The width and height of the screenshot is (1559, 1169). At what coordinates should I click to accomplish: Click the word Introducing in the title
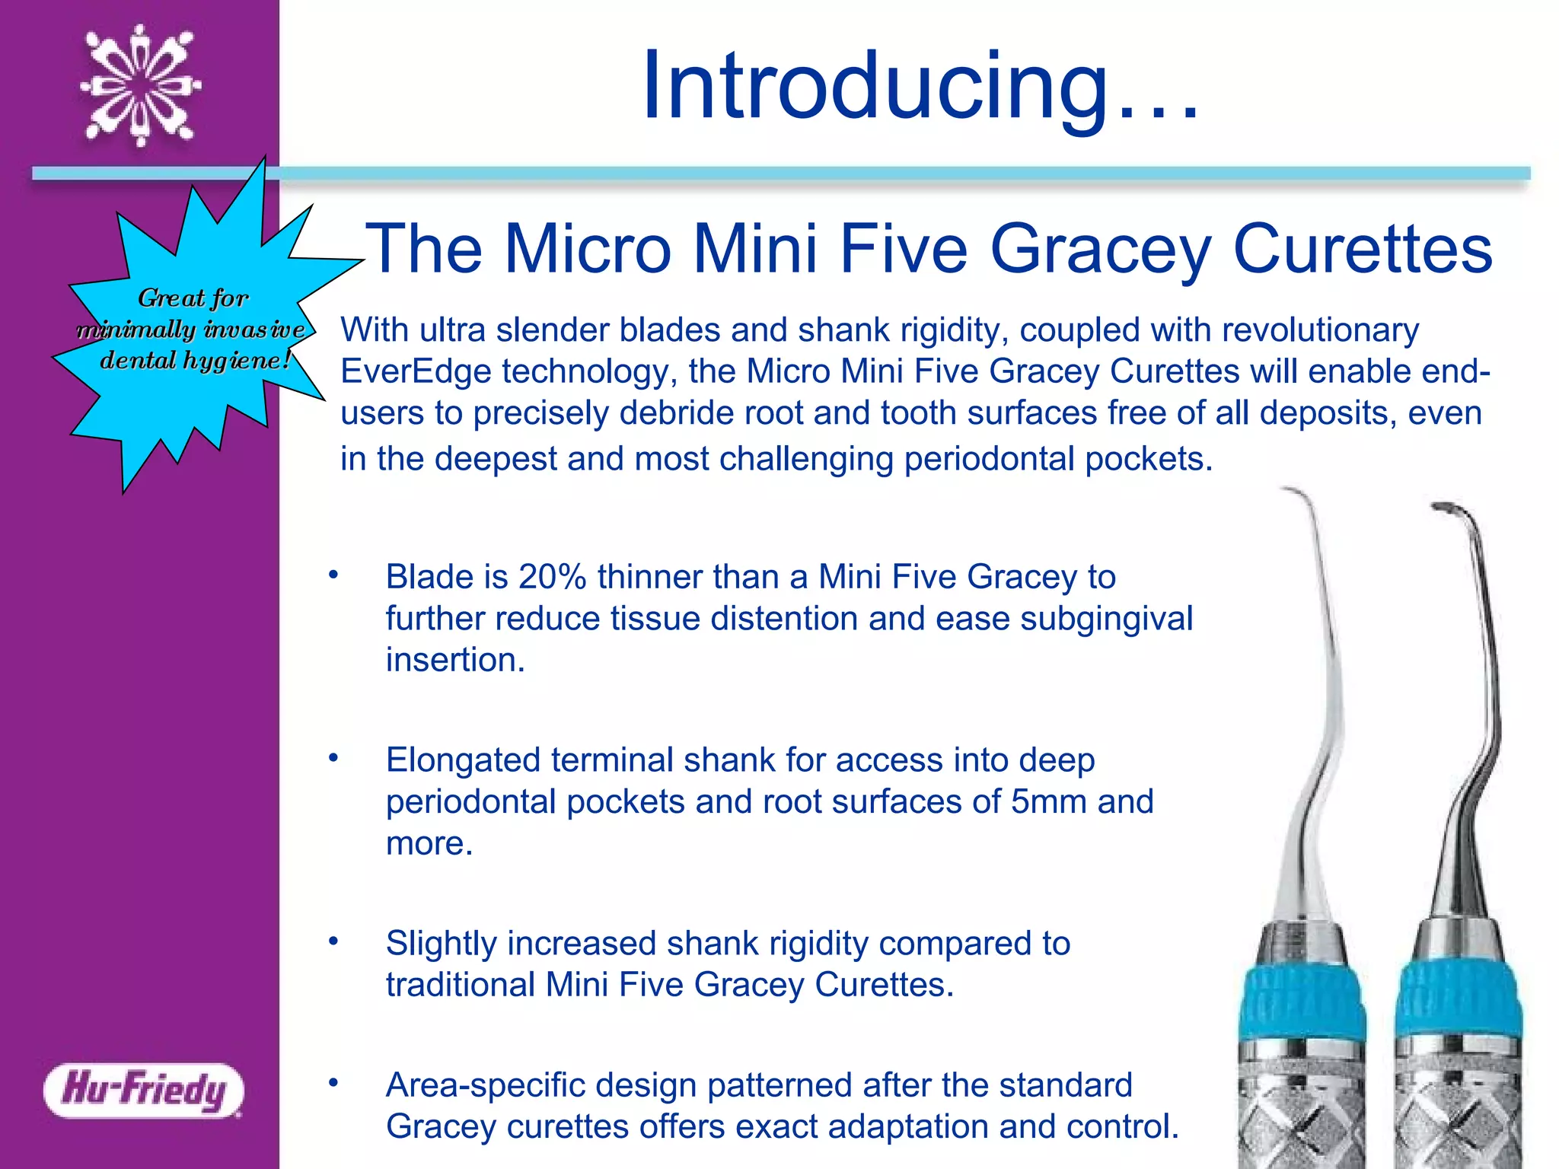click(x=875, y=85)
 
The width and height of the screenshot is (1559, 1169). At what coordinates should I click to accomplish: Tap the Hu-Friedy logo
click(x=144, y=1090)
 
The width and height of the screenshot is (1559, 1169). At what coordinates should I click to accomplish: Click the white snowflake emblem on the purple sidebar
click(x=141, y=85)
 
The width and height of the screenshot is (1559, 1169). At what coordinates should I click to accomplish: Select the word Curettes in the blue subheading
click(x=1362, y=249)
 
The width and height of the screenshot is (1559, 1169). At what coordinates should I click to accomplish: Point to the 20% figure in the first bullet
click(x=552, y=577)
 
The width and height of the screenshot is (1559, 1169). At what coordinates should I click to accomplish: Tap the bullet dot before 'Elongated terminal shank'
click(x=333, y=758)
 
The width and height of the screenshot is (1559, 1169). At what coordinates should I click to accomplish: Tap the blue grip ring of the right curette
click(x=1459, y=997)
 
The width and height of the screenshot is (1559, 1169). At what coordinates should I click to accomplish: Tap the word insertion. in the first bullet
click(x=455, y=660)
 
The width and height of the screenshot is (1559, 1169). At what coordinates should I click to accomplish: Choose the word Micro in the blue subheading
click(x=588, y=249)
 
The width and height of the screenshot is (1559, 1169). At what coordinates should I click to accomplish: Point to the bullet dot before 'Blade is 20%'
click(x=333, y=575)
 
